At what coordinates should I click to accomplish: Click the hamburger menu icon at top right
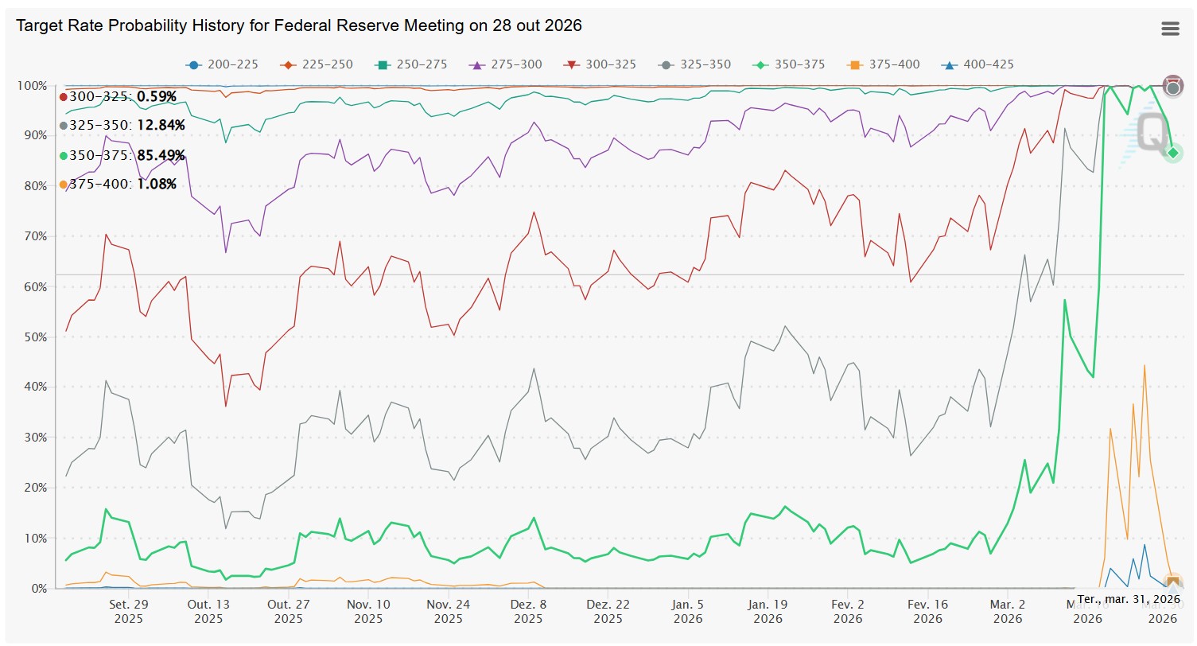tap(1170, 29)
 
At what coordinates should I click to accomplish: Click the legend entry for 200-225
tap(223, 64)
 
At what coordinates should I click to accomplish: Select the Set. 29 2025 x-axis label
tap(129, 611)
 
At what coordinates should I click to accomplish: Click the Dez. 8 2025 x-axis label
tap(528, 611)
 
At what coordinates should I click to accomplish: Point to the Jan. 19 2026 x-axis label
tap(768, 611)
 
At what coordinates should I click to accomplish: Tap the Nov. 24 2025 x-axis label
tap(449, 611)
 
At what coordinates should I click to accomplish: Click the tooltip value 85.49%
tap(161, 155)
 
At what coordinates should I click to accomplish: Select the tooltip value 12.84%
tap(161, 126)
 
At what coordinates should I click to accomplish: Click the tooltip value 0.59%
tap(157, 96)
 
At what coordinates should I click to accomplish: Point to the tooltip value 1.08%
tap(157, 185)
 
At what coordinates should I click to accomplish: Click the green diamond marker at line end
tap(1172, 153)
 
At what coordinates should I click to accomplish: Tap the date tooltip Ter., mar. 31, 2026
tap(1128, 598)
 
